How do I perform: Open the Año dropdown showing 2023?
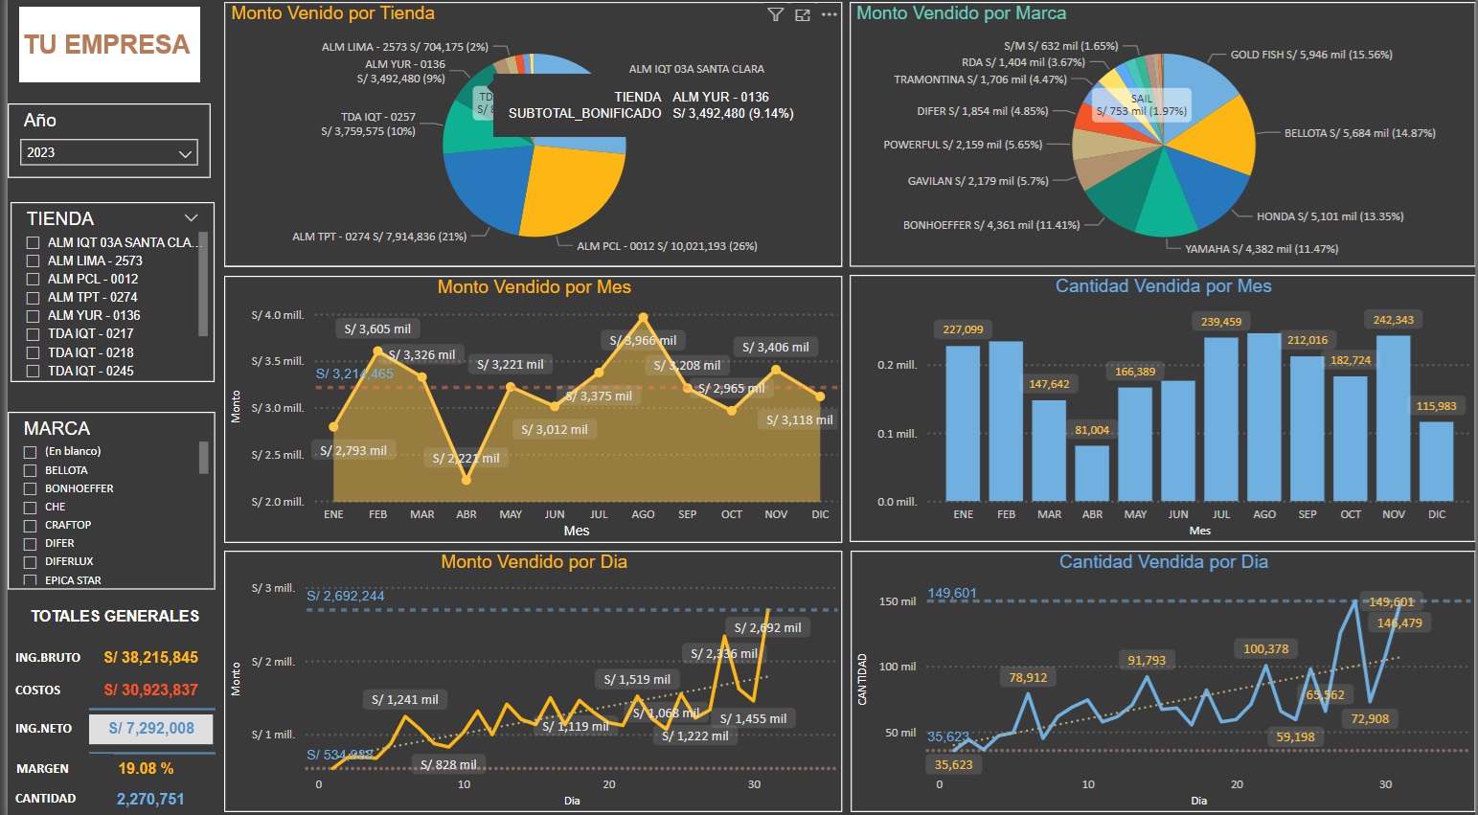pos(109,152)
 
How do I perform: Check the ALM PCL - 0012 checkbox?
pos(34,280)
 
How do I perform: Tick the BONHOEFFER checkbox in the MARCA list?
pos(31,488)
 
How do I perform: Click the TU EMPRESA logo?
pos(108,44)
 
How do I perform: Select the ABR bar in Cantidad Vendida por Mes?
pos(1092,472)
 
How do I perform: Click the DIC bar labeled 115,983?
pos(1436,461)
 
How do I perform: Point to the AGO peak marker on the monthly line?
pos(644,317)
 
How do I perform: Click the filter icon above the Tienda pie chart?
pos(776,14)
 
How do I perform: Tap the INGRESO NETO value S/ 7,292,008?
pos(151,729)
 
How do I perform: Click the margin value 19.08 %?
pos(146,768)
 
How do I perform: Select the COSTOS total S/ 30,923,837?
pos(150,690)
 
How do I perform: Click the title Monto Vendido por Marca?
pos(961,13)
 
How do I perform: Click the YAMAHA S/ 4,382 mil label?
pos(1262,249)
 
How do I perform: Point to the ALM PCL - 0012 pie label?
pos(667,246)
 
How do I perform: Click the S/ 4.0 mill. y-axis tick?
pos(278,315)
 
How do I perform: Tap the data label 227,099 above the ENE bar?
pos(963,329)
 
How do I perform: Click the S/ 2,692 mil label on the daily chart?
pos(768,628)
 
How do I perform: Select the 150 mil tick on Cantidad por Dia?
pos(898,601)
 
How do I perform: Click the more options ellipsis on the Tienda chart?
pos(830,14)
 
